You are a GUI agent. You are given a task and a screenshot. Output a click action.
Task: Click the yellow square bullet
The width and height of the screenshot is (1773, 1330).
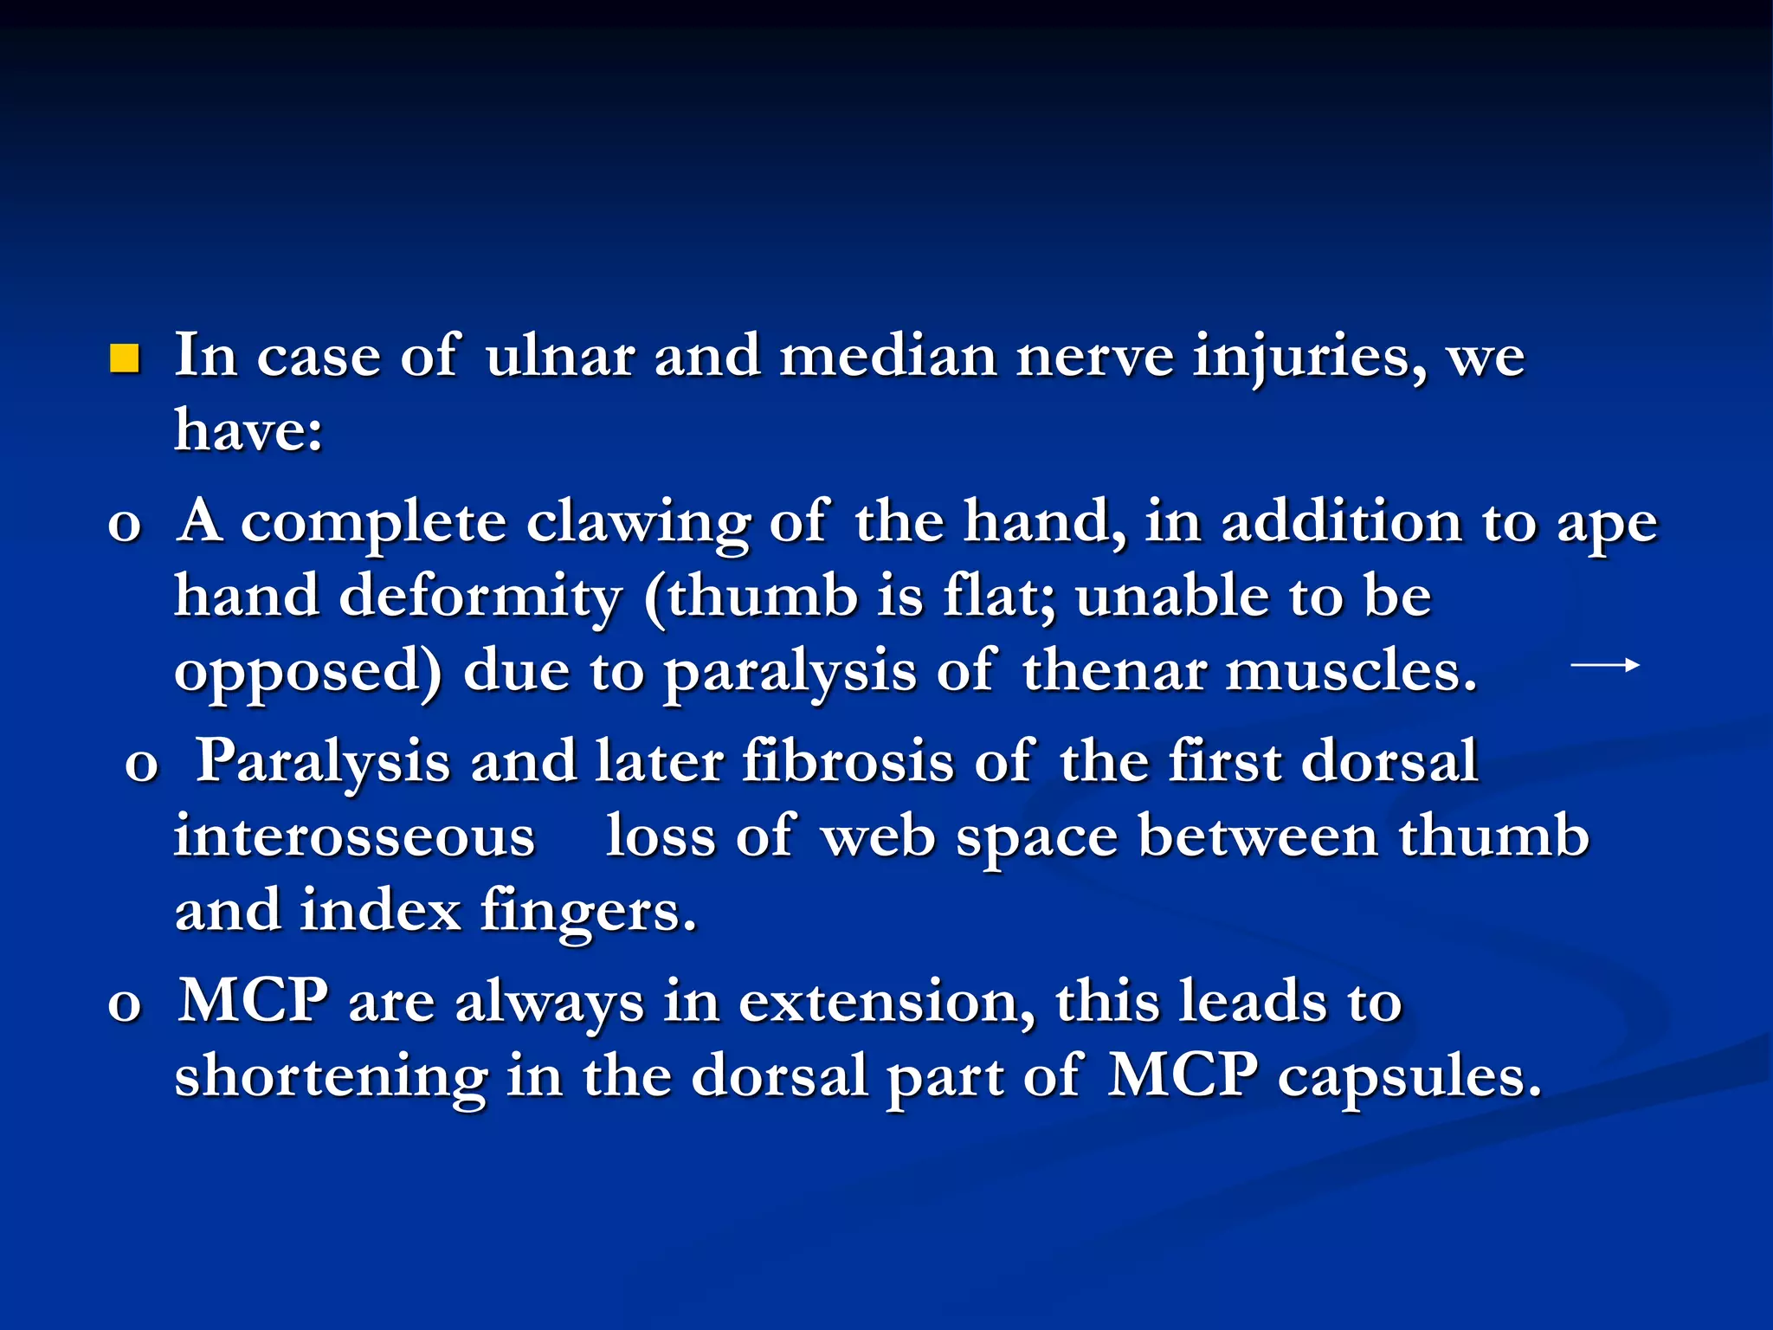coord(125,358)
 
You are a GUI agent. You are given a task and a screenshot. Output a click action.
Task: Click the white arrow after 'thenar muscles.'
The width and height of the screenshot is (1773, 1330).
coord(1604,666)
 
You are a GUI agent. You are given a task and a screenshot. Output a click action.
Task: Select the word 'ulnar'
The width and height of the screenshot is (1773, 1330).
coord(559,356)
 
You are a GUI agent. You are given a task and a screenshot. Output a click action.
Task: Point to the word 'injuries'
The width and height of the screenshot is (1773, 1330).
coord(1308,358)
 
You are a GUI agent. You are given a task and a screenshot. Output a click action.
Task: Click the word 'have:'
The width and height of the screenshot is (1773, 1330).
coord(248,429)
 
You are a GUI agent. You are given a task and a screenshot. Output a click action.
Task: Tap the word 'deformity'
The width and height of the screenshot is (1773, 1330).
coord(480,597)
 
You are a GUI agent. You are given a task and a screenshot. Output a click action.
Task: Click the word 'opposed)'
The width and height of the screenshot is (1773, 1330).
coord(308,674)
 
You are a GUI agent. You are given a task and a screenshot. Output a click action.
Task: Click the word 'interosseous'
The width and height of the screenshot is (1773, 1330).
coord(355,837)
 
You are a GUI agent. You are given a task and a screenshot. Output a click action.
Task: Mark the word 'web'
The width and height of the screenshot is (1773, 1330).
coord(878,837)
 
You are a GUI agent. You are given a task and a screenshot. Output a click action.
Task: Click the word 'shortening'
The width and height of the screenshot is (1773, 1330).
coord(331,1078)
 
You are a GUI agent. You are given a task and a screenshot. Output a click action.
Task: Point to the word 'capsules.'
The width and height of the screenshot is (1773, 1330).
coord(1409,1078)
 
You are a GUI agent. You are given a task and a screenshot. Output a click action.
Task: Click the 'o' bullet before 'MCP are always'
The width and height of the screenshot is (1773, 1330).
coord(125,1004)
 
